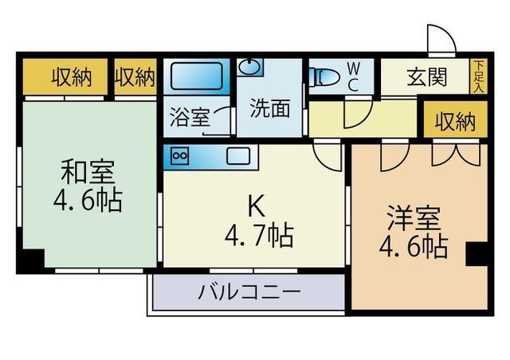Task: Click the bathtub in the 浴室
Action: (197, 76)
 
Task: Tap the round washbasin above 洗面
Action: (249, 67)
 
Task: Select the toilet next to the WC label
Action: (324, 77)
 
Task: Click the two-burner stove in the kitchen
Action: (180, 156)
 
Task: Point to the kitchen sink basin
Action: (238, 156)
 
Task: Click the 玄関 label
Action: (427, 77)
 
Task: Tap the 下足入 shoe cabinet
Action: (478, 76)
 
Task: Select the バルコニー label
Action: (249, 292)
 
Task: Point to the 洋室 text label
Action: (414, 218)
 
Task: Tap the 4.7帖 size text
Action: (259, 236)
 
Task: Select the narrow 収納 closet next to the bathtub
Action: (135, 76)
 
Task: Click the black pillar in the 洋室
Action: (477, 254)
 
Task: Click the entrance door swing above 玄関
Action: (441, 39)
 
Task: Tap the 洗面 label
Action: (269, 108)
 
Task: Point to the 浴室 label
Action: (190, 117)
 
